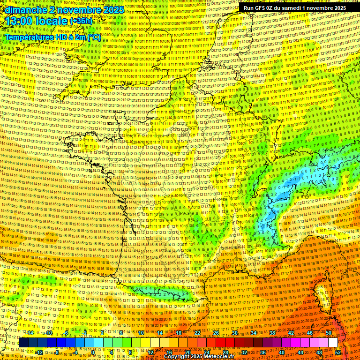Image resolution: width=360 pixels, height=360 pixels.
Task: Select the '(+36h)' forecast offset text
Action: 82,22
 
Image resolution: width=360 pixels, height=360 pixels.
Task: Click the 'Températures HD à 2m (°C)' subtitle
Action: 52,37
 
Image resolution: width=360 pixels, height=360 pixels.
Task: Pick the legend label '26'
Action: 216,333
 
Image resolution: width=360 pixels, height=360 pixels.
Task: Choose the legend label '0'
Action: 93,352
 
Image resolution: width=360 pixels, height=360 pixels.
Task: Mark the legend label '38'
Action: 272,333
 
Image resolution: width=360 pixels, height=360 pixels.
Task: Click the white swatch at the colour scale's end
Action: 333,343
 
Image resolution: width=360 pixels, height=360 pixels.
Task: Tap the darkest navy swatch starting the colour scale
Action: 23,343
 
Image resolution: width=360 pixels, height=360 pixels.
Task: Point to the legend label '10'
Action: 141,333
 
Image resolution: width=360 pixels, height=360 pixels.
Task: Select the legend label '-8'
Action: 57,352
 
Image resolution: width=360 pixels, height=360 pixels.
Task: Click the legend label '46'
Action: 309,333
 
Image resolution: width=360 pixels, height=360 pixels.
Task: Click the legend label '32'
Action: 244,352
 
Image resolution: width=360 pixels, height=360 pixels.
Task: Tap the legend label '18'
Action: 179,333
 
